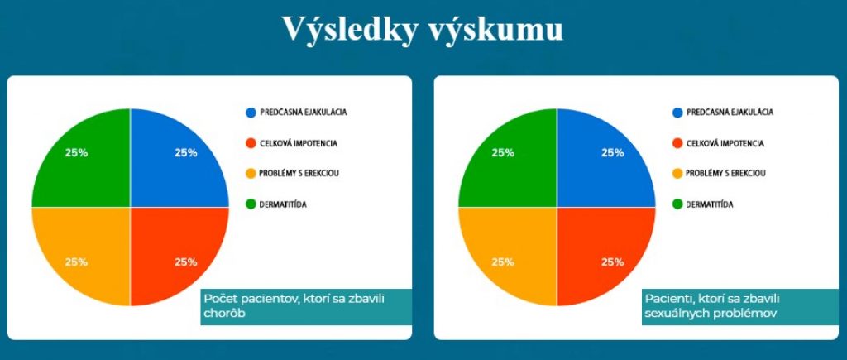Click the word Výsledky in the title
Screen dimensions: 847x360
click(350, 29)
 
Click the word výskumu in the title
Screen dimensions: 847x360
click(495, 31)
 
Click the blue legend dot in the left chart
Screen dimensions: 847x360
click(250, 113)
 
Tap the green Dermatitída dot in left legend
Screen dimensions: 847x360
click(250, 204)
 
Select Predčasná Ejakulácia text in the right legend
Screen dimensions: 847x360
click(730, 113)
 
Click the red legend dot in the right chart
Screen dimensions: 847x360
click(677, 143)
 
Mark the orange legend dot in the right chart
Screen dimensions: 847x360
click(677, 174)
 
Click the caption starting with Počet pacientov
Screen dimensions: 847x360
click(294, 306)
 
